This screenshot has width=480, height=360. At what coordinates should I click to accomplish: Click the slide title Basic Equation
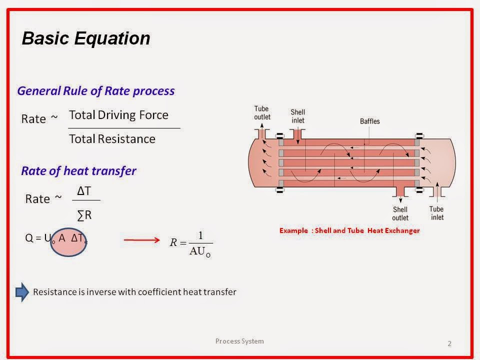85,38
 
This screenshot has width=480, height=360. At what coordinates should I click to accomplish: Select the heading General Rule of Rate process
95,91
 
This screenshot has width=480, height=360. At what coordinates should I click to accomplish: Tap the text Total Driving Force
118,115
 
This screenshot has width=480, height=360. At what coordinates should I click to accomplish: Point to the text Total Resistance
112,139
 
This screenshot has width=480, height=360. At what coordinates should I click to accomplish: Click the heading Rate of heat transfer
78,170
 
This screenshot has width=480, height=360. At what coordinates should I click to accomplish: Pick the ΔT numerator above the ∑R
83,191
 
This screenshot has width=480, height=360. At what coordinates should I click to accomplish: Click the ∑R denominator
84,215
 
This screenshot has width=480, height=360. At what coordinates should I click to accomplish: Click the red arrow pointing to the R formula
142,240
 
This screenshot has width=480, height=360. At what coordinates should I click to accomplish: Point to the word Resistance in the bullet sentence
53,292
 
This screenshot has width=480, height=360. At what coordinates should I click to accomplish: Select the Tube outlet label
262,113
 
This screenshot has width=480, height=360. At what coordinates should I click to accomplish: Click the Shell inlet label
297,116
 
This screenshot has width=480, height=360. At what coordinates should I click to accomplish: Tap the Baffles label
370,121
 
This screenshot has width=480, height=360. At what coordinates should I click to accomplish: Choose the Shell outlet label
400,213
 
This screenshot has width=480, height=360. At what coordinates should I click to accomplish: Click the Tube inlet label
436,213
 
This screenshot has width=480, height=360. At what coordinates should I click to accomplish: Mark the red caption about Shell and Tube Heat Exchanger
349,230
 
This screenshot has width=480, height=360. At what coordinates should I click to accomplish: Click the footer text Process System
239,341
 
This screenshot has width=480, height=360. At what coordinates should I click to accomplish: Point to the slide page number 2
449,343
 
